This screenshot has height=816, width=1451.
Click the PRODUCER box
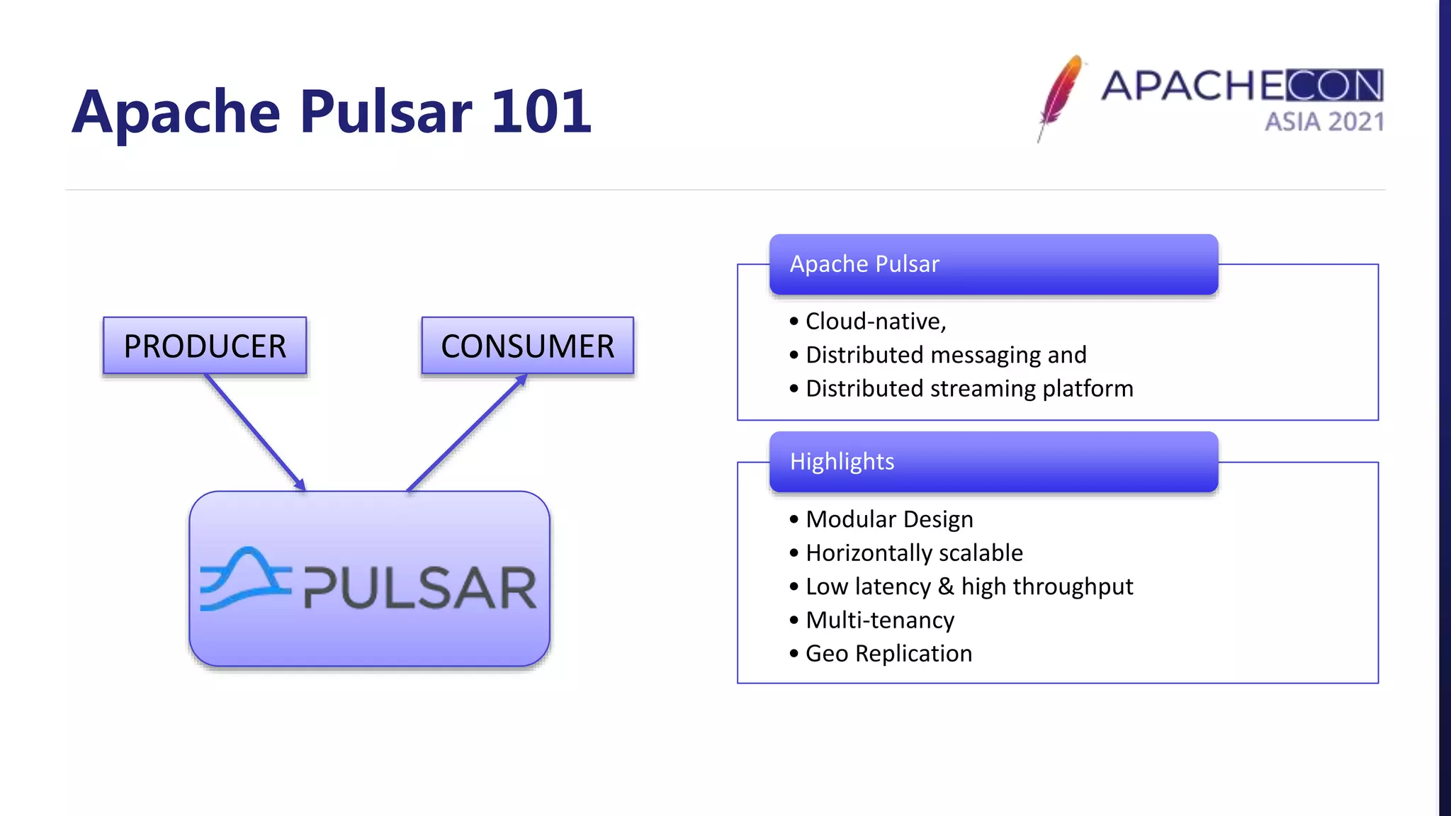click(205, 346)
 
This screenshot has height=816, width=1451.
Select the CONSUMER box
click(527, 346)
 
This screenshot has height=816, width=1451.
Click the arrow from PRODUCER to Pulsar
click(255, 432)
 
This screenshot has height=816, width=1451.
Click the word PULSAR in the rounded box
click(420, 588)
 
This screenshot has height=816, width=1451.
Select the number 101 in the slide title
click(541, 112)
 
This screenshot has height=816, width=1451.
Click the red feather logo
click(1060, 96)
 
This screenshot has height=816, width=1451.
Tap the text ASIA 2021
click(1324, 122)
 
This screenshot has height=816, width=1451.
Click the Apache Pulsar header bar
click(993, 264)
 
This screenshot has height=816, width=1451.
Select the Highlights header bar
click(993, 462)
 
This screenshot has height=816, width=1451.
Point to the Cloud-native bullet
click(876, 322)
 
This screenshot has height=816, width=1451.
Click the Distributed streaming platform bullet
click(969, 389)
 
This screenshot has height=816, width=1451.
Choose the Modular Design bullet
click(888, 519)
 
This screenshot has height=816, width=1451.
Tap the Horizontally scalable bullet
click(914, 553)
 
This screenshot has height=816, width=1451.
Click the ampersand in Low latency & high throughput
click(946, 586)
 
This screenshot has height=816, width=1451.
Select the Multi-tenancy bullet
click(880, 620)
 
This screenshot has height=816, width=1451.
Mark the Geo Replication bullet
click(888, 654)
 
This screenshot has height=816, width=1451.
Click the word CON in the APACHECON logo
click(1334, 86)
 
